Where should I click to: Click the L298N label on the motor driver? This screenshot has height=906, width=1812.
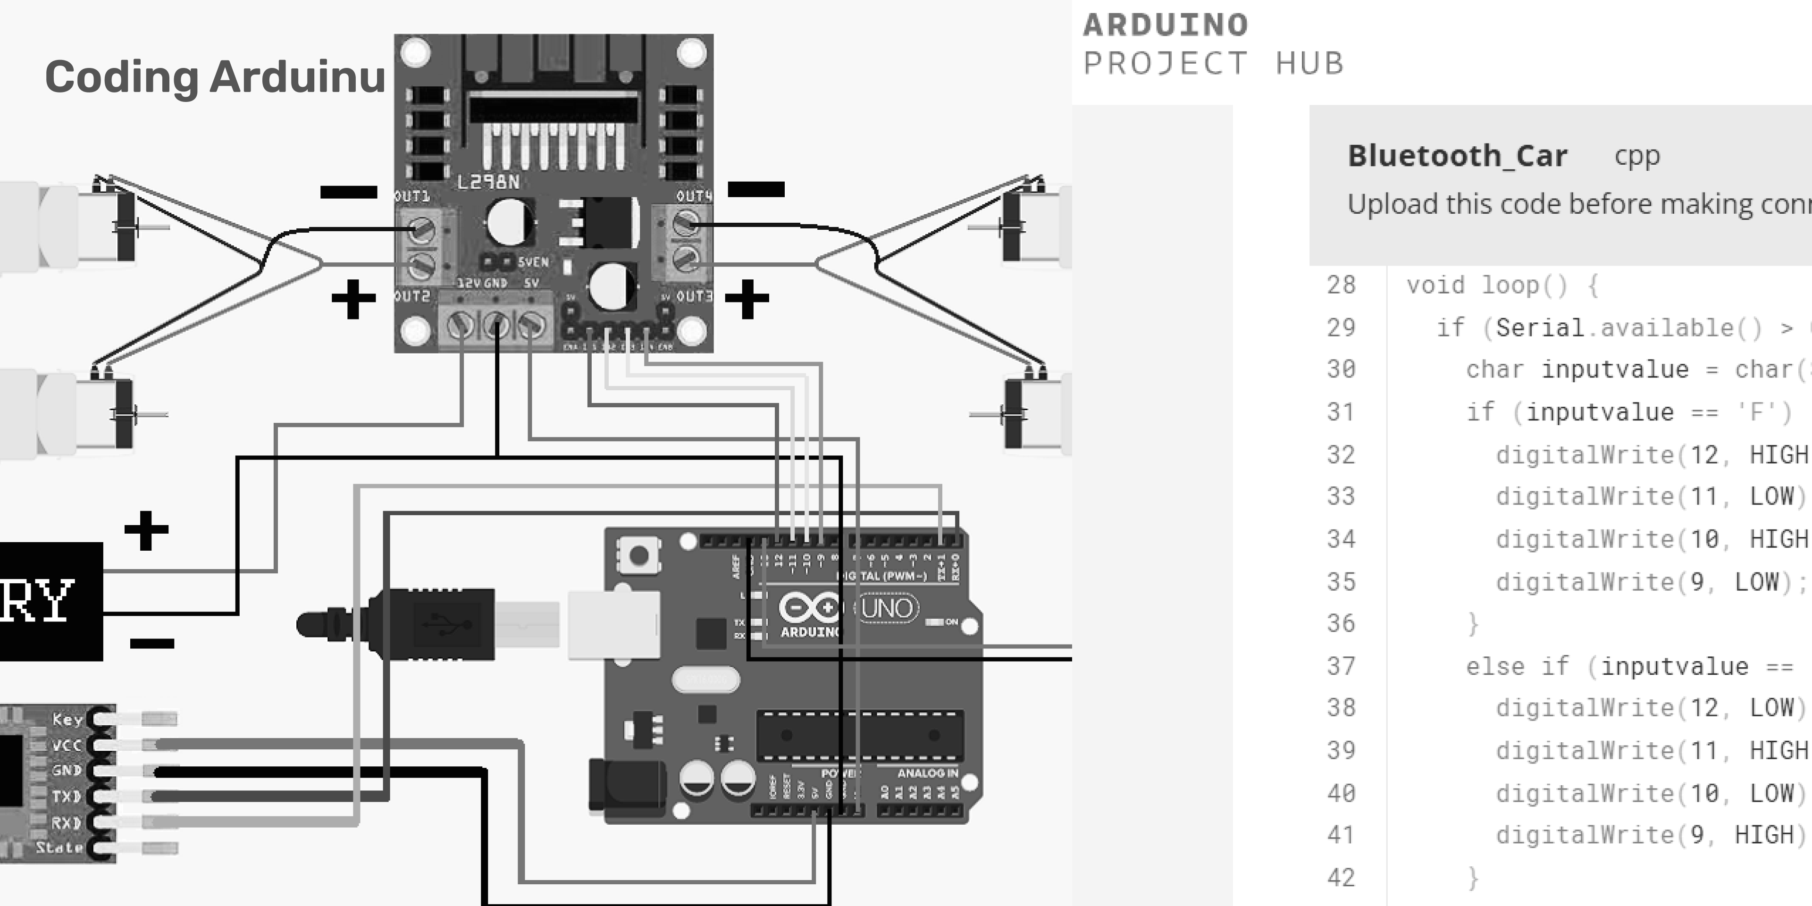point(488,182)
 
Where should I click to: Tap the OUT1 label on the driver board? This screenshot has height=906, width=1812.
point(412,196)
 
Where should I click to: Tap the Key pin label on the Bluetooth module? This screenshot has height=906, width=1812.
point(67,719)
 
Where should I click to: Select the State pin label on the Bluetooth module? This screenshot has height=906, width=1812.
point(60,847)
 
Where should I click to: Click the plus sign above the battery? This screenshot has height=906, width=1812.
point(146,529)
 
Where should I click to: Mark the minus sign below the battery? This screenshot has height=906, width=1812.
point(152,643)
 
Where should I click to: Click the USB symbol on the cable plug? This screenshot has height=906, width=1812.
point(443,623)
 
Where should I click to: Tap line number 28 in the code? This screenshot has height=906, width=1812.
point(1341,285)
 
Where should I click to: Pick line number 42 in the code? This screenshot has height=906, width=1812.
point(1341,878)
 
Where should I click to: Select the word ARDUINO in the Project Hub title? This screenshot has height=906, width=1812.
point(1166,25)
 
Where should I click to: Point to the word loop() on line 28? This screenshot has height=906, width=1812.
point(1524,285)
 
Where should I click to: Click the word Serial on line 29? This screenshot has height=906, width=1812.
point(1540,328)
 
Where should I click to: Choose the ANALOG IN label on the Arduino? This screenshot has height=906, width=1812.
point(927,773)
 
